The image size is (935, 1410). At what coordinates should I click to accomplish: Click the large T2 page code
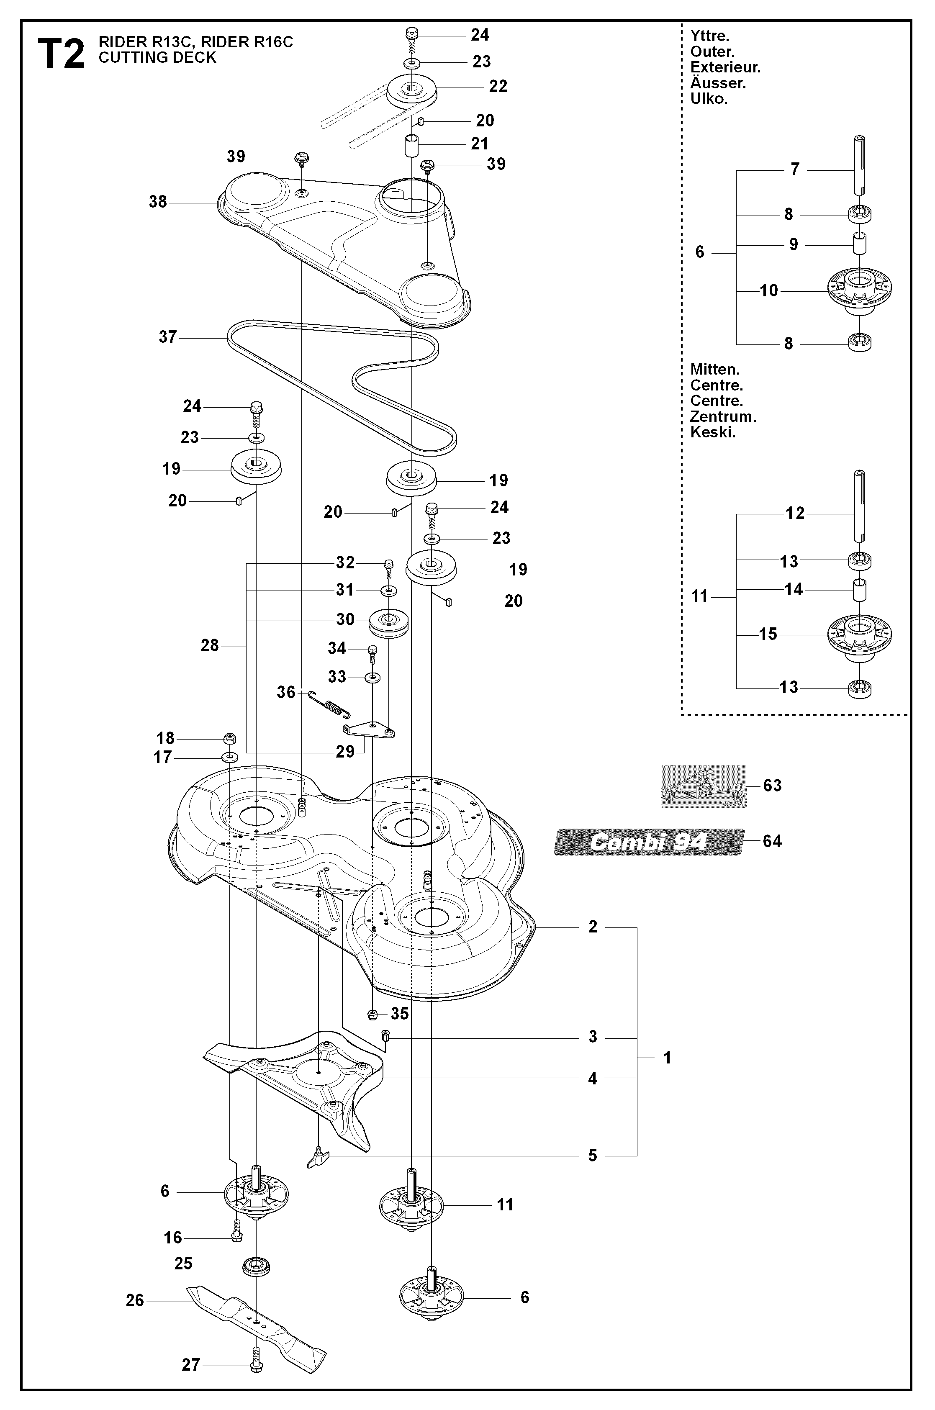[61, 55]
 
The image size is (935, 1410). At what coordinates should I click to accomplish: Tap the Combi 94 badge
[649, 842]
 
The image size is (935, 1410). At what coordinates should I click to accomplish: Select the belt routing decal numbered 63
[703, 786]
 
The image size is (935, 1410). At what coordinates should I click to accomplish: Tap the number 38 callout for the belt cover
[158, 202]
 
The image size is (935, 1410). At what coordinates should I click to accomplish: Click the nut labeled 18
[230, 739]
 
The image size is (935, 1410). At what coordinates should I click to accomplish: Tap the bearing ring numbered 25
[257, 1265]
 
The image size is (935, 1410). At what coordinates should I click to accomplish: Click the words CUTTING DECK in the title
[157, 58]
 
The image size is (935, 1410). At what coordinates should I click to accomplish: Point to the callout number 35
[400, 1014]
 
